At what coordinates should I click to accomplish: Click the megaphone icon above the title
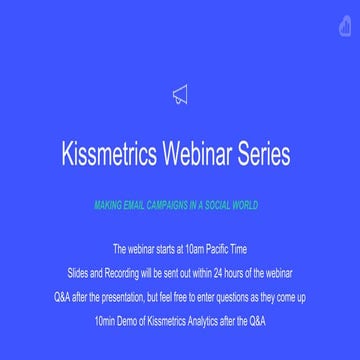(x=180, y=95)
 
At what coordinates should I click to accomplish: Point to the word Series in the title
(x=266, y=156)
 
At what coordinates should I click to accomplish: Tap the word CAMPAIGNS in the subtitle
(x=177, y=205)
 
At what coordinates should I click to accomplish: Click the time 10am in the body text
(x=197, y=246)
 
